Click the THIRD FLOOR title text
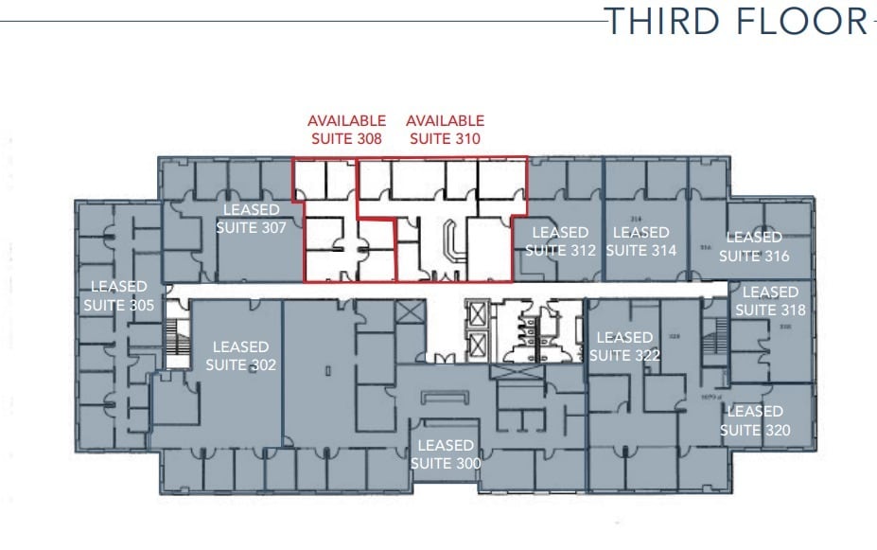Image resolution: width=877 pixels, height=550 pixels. [736, 20]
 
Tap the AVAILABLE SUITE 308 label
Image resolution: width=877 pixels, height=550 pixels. [346, 129]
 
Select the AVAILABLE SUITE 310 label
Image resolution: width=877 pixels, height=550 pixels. [445, 129]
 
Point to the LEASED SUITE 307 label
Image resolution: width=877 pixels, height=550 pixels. [252, 218]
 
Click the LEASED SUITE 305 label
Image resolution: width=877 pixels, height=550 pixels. [119, 295]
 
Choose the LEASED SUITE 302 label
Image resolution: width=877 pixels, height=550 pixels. [241, 356]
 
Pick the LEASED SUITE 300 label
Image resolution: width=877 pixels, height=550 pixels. [446, 454]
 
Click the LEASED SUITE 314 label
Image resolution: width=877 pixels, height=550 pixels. [641, 241]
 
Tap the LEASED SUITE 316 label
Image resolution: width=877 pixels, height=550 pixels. [754, 247]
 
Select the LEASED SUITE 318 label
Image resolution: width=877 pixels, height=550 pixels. [770, 301]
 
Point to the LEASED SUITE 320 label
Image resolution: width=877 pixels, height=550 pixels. [755, 420]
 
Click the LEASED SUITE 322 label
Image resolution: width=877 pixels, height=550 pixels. [623, 346]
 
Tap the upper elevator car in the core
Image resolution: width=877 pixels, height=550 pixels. [477, 313]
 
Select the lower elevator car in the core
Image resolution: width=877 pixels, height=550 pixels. [477, 344]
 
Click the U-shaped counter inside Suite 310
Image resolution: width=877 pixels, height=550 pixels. [451, 242]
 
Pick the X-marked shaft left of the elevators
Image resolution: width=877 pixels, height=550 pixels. [412, 311]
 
